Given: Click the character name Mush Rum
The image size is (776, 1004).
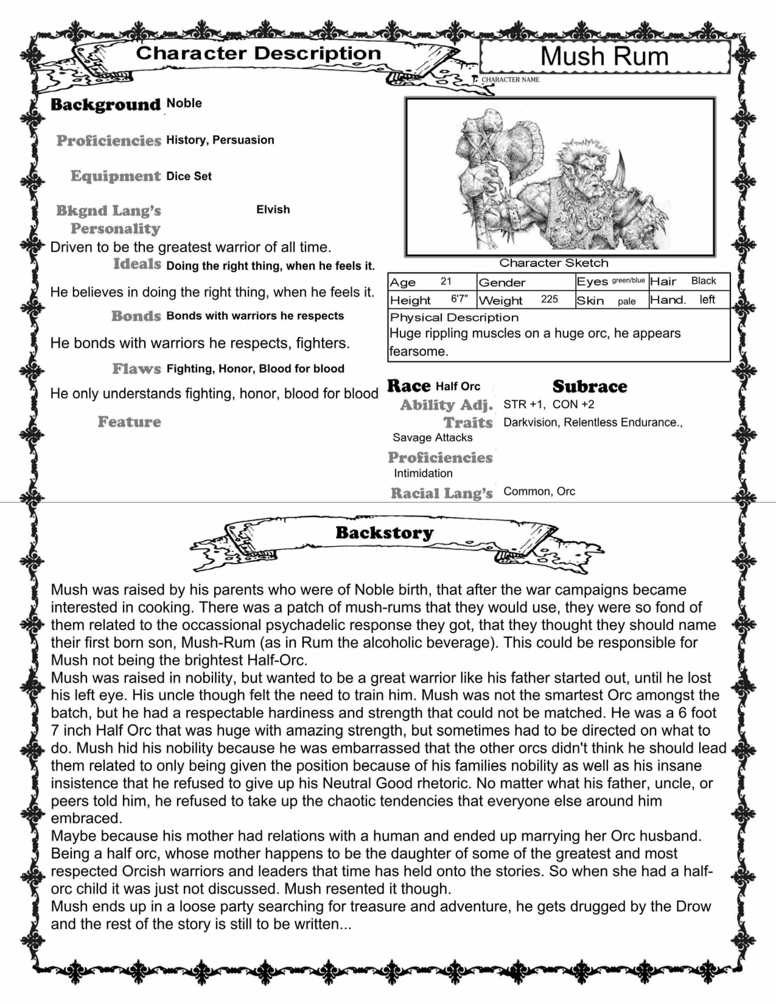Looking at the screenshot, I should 604,57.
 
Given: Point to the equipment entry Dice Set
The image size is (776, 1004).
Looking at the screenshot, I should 189,176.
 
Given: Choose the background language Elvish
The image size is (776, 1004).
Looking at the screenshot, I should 273,210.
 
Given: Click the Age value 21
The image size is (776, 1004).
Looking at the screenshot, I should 446,281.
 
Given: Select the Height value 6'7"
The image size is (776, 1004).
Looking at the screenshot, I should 459,299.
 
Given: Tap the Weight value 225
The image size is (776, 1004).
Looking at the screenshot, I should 549,299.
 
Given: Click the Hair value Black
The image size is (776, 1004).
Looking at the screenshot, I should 703,281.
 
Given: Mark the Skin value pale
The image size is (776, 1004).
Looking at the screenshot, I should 627,302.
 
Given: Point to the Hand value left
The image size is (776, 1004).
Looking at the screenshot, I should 707,300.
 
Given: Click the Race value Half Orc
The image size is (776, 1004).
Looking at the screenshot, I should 458,387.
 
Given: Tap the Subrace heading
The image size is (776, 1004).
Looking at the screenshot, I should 589,387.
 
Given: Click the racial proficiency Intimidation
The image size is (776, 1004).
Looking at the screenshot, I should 423,473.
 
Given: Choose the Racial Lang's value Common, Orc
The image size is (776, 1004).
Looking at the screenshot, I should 539,491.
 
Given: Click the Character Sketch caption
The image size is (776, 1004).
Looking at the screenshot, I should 554,263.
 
